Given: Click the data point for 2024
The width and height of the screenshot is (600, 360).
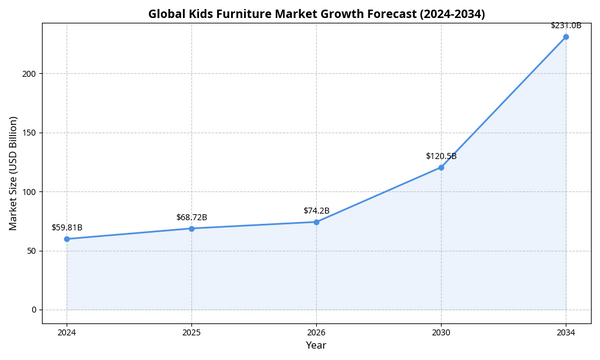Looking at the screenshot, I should click(x=67, y=239).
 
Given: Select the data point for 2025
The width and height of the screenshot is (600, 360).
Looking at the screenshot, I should click(x=192, y=228).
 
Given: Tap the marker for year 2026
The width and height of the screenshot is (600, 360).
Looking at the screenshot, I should click(x=316, y=222).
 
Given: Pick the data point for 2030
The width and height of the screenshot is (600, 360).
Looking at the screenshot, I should click(x=441, y=167).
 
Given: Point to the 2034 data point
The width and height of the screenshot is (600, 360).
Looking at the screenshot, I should click(x=566, y=37).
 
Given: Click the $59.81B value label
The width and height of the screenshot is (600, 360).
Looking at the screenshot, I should click(x=67, y=227).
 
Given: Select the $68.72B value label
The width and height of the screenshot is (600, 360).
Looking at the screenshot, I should click(x=192, y=216).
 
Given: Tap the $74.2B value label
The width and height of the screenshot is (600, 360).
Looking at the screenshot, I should click(x=316, y=210).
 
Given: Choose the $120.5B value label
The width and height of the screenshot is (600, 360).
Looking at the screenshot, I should click(x=441, y=155).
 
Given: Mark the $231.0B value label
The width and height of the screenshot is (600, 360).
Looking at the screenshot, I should click(x=566, y=25).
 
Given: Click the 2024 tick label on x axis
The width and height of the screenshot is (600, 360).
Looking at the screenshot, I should click(x=67, y=331).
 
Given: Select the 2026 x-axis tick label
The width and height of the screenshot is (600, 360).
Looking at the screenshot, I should click(x=316, y=331).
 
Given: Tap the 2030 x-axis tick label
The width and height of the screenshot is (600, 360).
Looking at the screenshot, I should click(x=441, y=331).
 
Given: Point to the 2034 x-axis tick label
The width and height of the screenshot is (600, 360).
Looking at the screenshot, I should click(x=566, y=331).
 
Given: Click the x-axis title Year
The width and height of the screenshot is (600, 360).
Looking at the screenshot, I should click(x=316, y=345).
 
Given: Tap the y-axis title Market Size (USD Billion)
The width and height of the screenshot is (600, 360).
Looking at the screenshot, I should click(x=13, y=173).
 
